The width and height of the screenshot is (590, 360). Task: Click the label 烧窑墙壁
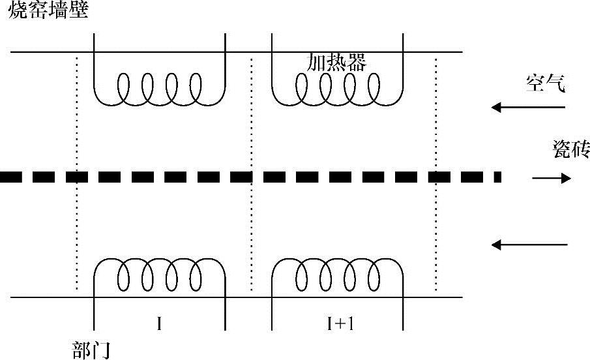(47, 10)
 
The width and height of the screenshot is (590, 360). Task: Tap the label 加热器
(336, 62)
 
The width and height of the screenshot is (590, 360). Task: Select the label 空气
(549, 83)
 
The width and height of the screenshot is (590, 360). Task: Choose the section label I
(160, 324)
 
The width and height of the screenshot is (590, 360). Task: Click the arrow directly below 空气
(529, 108)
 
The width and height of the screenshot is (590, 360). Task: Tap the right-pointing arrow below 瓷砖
(552, 178)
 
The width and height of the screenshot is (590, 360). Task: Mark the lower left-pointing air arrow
(529, 245)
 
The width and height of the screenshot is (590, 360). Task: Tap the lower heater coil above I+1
(337, 274)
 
